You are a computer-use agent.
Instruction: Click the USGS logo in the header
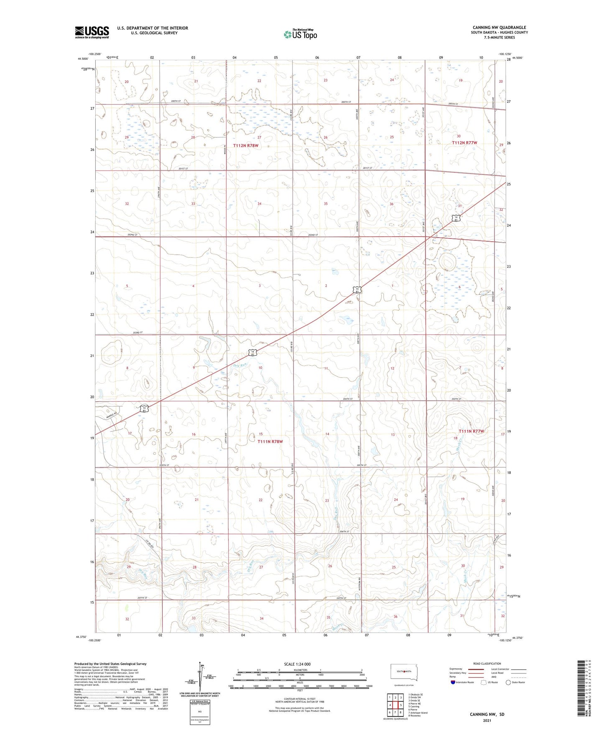tap(92, 32)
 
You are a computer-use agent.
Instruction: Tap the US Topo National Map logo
tap(300, 34)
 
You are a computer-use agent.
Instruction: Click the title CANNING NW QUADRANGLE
tap(499, 28)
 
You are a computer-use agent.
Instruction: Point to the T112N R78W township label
tap(246, 146)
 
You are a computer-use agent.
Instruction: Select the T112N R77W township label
tap(464, 143)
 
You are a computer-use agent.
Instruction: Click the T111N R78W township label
tap(270, 441)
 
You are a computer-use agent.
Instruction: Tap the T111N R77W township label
tap(471, 431)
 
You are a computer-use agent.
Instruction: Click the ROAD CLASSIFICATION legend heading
tap(487, 663)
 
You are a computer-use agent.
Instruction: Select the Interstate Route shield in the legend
tap(453, 682)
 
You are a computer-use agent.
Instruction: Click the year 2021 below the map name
tap(487, 721)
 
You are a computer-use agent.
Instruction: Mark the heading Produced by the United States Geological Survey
tap(110, 664)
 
